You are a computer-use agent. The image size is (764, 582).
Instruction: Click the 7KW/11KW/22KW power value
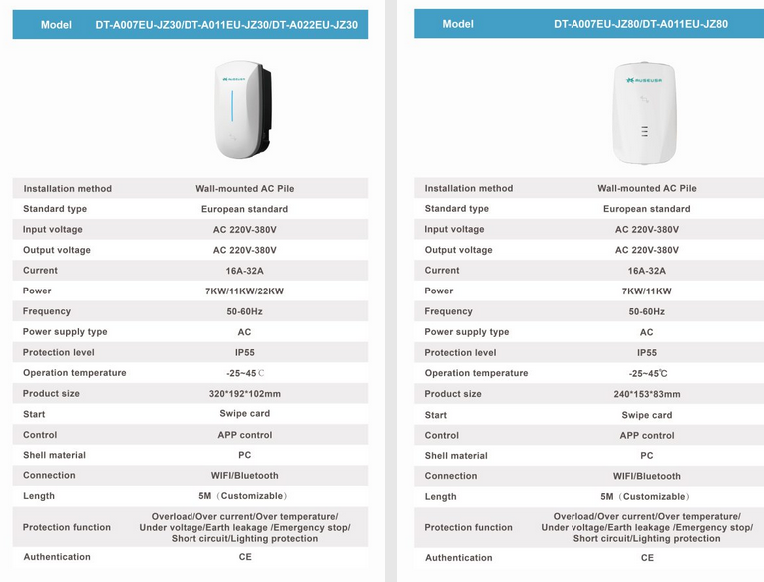(244, 291)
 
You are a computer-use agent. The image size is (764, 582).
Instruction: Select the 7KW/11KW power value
(646, 291)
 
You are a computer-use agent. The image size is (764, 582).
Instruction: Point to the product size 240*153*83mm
(646, 393)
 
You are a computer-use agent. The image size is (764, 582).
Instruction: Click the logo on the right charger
(646, 79)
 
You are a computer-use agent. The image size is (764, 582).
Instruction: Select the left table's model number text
(226, 25)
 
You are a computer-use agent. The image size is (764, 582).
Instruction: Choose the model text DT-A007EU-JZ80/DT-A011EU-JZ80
(641, 24)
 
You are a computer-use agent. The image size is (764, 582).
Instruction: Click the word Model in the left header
(56, 25)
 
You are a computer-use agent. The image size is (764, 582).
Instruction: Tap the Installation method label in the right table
(469, 188)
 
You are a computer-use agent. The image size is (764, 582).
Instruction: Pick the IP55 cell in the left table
(244, 352)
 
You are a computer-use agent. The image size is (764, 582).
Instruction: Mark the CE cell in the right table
(646, 558)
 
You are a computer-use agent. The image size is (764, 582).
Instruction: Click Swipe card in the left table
(244, 414)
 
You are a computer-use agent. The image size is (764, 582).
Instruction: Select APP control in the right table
(646, 435)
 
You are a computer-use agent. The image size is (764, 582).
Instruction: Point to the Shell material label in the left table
(54, 455)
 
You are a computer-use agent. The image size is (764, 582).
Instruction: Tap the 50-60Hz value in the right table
(646, 311)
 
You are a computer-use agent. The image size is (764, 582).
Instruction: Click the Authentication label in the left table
(57, 557)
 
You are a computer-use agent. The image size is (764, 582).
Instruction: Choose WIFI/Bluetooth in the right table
(646, 476)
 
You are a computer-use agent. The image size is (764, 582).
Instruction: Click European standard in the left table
(244, 209)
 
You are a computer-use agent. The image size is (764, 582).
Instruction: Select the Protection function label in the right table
(468, 527)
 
